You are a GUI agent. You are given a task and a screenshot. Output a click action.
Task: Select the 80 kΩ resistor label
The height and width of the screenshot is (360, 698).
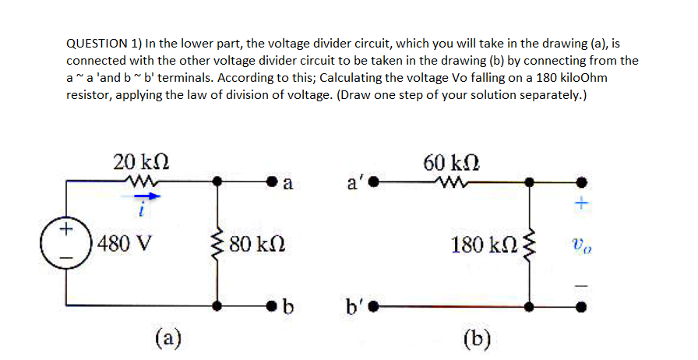tap(262, 245)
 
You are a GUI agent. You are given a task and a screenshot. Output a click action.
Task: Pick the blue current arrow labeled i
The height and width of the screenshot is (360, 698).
tap(141, 199)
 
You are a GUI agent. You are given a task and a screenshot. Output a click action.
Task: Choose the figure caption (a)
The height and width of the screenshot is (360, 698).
tap(167, 338)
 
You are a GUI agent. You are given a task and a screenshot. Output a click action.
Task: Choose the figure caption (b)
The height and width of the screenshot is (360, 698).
tap(475, 338)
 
